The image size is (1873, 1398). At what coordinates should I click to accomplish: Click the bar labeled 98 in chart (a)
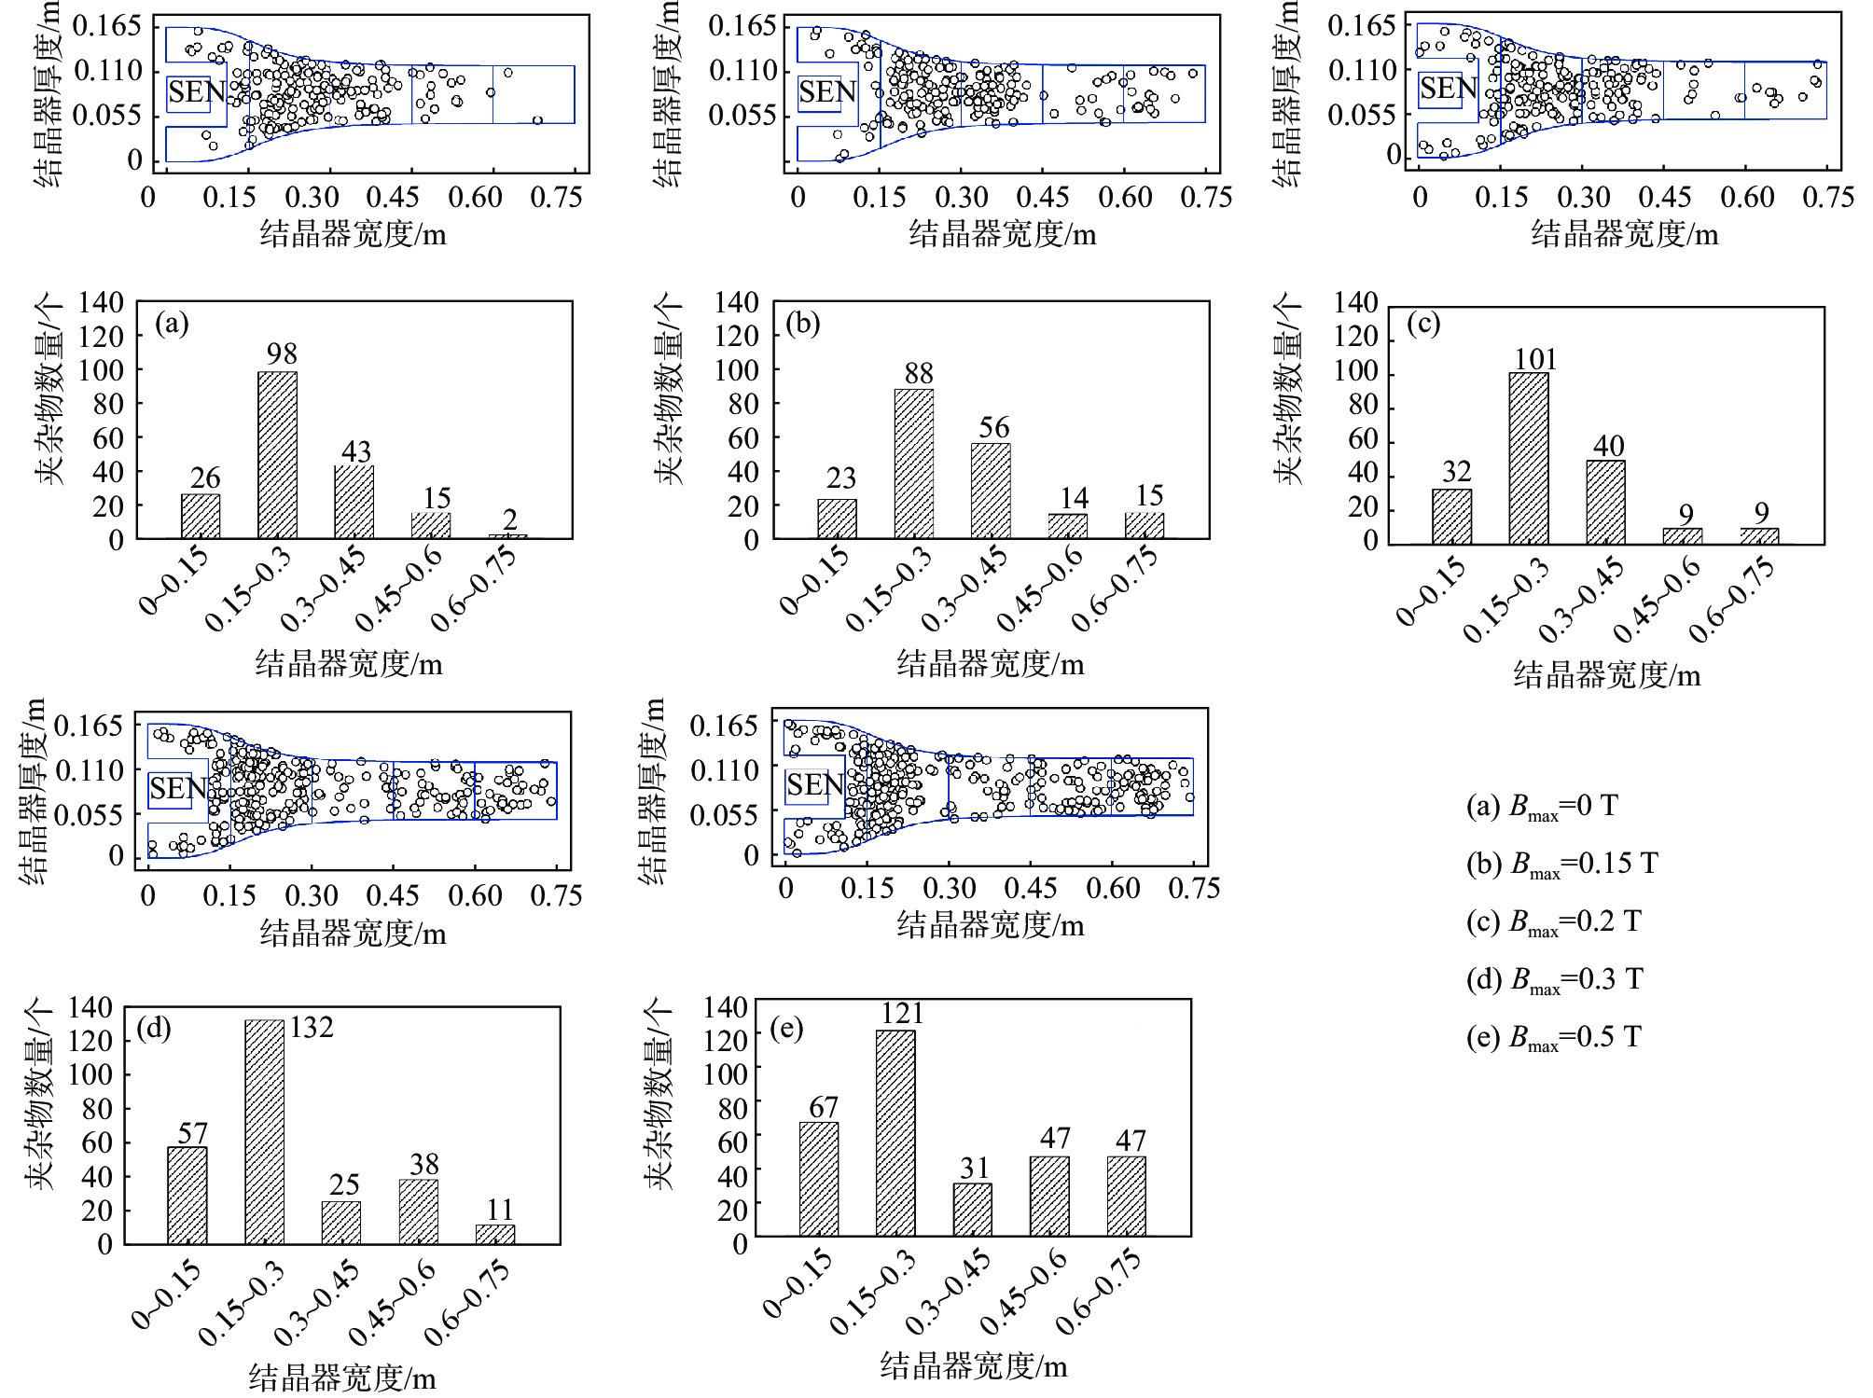[x=277, y=455]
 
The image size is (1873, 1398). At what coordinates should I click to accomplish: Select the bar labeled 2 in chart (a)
[x=508, y=536]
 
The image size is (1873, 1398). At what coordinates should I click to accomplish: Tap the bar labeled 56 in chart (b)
[x=991, y=491]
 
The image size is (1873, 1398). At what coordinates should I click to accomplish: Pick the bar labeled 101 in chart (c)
[x=1528, y=458]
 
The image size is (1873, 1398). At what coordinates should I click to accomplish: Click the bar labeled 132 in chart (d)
[x=264, y=1131]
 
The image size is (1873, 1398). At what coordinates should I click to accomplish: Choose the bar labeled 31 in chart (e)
[x=972, y=1210]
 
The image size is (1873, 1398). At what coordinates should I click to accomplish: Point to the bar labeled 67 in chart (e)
[x=818, y=1179]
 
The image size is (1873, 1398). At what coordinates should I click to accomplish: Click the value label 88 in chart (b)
[x=918, y=374]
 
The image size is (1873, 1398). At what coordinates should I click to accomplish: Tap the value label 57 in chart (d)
[x=192, y=1133]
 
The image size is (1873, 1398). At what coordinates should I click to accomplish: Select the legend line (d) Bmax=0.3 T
[x=1554, y=980]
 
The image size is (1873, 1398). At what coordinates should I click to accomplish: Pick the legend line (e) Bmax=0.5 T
[x=1553, y=1038]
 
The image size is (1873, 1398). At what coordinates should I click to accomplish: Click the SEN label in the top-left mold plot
[x=196, y=92]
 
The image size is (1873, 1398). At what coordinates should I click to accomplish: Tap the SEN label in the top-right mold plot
[x=1448, y=89]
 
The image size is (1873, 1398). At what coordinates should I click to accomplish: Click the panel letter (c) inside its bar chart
[x=1423, y=324]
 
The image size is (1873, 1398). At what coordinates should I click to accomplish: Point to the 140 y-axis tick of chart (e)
[x=725, y=1007]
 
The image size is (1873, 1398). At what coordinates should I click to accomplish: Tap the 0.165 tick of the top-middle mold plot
[x=742, y=25]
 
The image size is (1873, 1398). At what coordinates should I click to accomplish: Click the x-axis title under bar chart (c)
[x=1606, y=675]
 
